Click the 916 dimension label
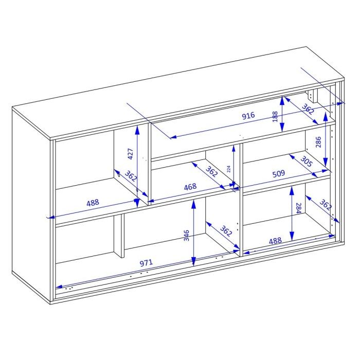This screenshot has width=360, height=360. point(248,116)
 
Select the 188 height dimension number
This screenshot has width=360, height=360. point(275,117)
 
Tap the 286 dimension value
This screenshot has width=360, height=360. point(318,142)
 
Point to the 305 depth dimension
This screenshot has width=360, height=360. point(307,161)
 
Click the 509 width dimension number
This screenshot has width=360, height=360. point(279,174)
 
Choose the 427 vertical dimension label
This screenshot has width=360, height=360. point(130,154)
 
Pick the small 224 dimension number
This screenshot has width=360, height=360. point(228,169)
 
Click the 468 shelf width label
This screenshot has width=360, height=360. point(190,187)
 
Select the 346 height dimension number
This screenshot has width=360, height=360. point(186,236)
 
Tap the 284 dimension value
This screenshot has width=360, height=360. point(298,208)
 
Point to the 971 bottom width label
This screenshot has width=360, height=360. point(146,263)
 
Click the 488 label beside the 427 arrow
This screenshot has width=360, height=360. point(93,203)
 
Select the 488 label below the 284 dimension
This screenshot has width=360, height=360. point(275,241)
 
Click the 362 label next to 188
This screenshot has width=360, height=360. point(308,109)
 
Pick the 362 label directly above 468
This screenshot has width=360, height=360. point(211,171)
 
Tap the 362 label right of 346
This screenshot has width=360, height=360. point(226,231)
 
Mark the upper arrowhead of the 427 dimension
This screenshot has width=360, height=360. point(137,130)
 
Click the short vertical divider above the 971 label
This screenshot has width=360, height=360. point(119,236)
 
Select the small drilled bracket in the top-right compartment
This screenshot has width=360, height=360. point(311,96)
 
